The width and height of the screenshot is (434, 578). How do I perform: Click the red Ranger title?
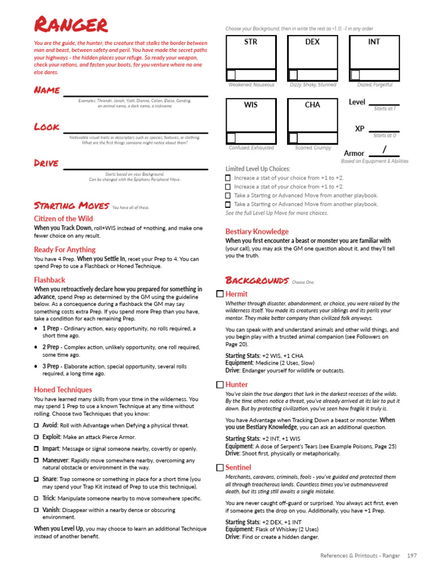[x=71, y=25]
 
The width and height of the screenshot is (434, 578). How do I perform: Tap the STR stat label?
[x=250, y=42]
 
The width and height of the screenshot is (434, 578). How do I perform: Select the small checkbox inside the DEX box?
[x=293, y=75]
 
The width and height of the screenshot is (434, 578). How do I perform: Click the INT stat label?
[x=374, y=42]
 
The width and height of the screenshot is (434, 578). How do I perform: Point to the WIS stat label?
[x=250, y=105]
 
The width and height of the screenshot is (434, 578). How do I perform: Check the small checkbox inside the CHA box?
[x=293, y=138]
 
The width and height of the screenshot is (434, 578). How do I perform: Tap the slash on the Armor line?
[x=384, y=150]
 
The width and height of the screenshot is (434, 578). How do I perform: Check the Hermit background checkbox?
[x=220, y=294]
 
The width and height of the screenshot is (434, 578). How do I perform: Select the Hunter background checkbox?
[x=220, y=384]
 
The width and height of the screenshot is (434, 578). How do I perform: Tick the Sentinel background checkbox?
[x=220, y=467]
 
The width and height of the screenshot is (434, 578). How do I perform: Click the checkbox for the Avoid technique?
[x=37, y=426]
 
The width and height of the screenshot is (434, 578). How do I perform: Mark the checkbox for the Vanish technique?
[x=37, y=510]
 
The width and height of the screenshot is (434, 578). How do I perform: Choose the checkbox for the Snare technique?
[x=37, y=479]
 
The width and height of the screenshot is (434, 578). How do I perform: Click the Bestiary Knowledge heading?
[x=257, y=231]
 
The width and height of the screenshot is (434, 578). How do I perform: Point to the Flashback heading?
[x=50, y=280]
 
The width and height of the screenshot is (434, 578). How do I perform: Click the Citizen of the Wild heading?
[x=63, y=218]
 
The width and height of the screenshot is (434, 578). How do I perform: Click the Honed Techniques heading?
[x=63, y=389]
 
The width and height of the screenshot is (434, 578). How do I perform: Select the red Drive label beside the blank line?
[x=46, y=163]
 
